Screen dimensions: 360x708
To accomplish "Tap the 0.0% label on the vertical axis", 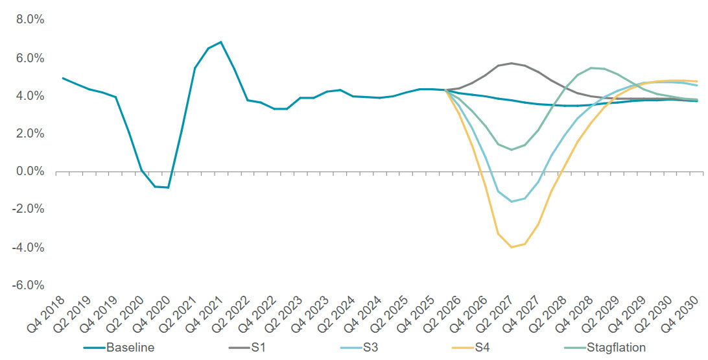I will point(30,171).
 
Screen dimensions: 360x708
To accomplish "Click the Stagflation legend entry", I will point(615,348).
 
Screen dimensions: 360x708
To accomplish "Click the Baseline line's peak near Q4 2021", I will point(221,42).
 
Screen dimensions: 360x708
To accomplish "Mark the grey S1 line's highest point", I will point(512,63).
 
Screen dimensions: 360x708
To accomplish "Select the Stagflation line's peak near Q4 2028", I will point(591,67).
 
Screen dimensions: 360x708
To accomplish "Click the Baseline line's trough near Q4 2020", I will point(168,187).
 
